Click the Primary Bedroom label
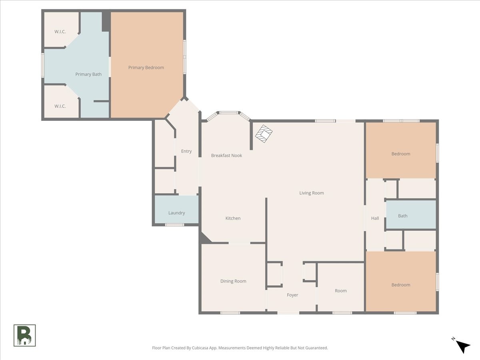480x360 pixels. (146, 68)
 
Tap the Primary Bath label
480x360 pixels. (88, 74)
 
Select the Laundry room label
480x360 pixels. (176, 213)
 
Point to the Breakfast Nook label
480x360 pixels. (226, 156)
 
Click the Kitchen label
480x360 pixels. (233, 218)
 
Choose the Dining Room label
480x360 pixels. (233, 281)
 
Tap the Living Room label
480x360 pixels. (311, 193)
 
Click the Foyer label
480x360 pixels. (292, 295)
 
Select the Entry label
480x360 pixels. (186, 151)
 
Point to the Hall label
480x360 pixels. (375, 218)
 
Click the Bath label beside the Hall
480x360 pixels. (402, 216)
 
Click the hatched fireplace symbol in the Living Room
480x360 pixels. (264, 134)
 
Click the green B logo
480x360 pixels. (24, 336)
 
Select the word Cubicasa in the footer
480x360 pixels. (200, 348)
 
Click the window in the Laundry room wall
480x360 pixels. (174, 225)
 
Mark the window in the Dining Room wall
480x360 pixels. (230, 313)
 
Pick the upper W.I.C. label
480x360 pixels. (60, 32)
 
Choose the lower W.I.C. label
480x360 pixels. (60, 106)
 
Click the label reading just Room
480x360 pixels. (340, 291)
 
